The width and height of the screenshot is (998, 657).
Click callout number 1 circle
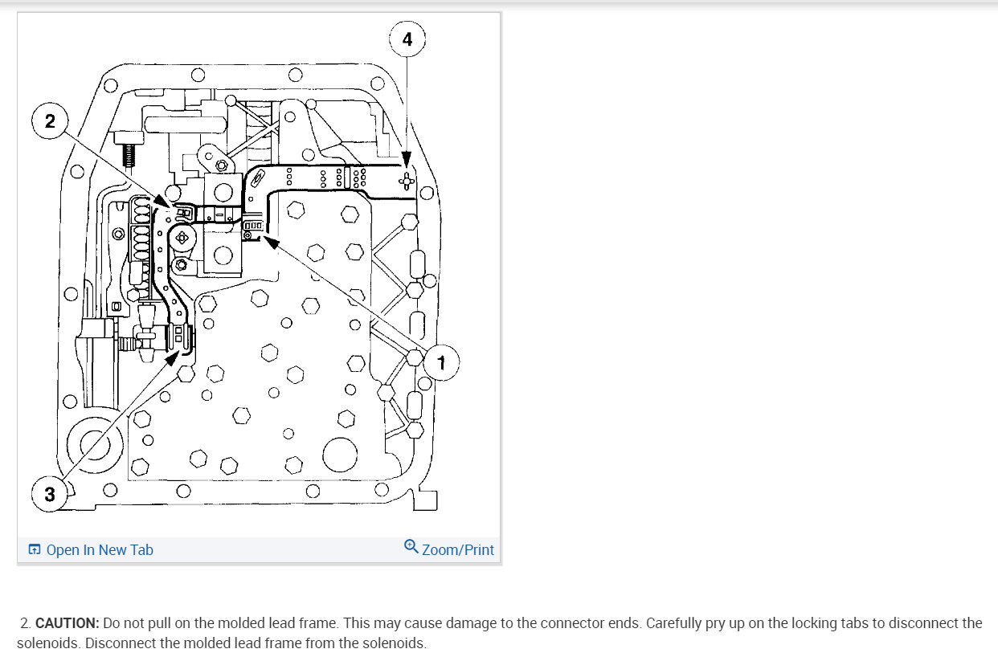[440, 365]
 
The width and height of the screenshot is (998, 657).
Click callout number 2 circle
[50, 121]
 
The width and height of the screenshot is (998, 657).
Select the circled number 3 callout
[50, 494]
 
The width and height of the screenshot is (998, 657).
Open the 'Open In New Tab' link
[100, 550]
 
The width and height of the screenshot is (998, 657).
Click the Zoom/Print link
[458, 550]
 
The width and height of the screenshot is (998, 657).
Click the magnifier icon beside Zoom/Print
[411, 547]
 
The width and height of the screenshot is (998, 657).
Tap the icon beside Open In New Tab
[35, 550]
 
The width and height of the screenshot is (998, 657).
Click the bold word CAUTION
[67, 623]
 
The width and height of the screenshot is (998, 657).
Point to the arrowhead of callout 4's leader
[407, 161]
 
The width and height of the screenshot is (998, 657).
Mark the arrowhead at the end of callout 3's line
[172, 357]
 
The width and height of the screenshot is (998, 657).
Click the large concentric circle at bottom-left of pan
[95, 442]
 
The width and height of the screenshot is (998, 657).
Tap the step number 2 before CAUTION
[26, 623]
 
